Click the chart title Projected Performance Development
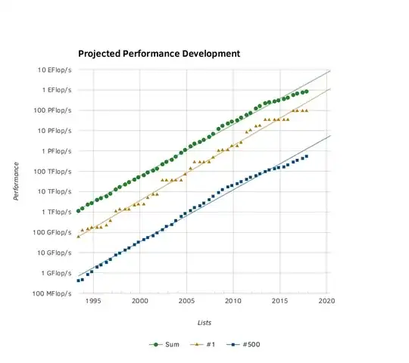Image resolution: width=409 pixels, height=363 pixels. pyautogui.click(x=159, y=54)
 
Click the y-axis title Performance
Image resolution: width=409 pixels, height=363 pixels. pyautogui.click(x=16, y=181)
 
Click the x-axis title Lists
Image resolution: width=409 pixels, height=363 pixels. pyautogui.click(x=204, y=322)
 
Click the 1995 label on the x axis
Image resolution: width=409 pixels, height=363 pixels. pyautogui.click(x=93, y=301)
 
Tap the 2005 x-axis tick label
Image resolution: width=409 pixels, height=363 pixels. pyautogui.click(x=186, y=301)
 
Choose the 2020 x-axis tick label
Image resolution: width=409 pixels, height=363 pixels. pyautogui.click(x=327, y=301)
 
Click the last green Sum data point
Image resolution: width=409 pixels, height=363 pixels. pyautogui.click(x=306, y=92)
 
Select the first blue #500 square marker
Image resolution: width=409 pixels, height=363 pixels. pyautogui.click(x=78, y=281)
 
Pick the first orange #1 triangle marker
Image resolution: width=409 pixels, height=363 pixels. pyautogui.click(x=78, y=237)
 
